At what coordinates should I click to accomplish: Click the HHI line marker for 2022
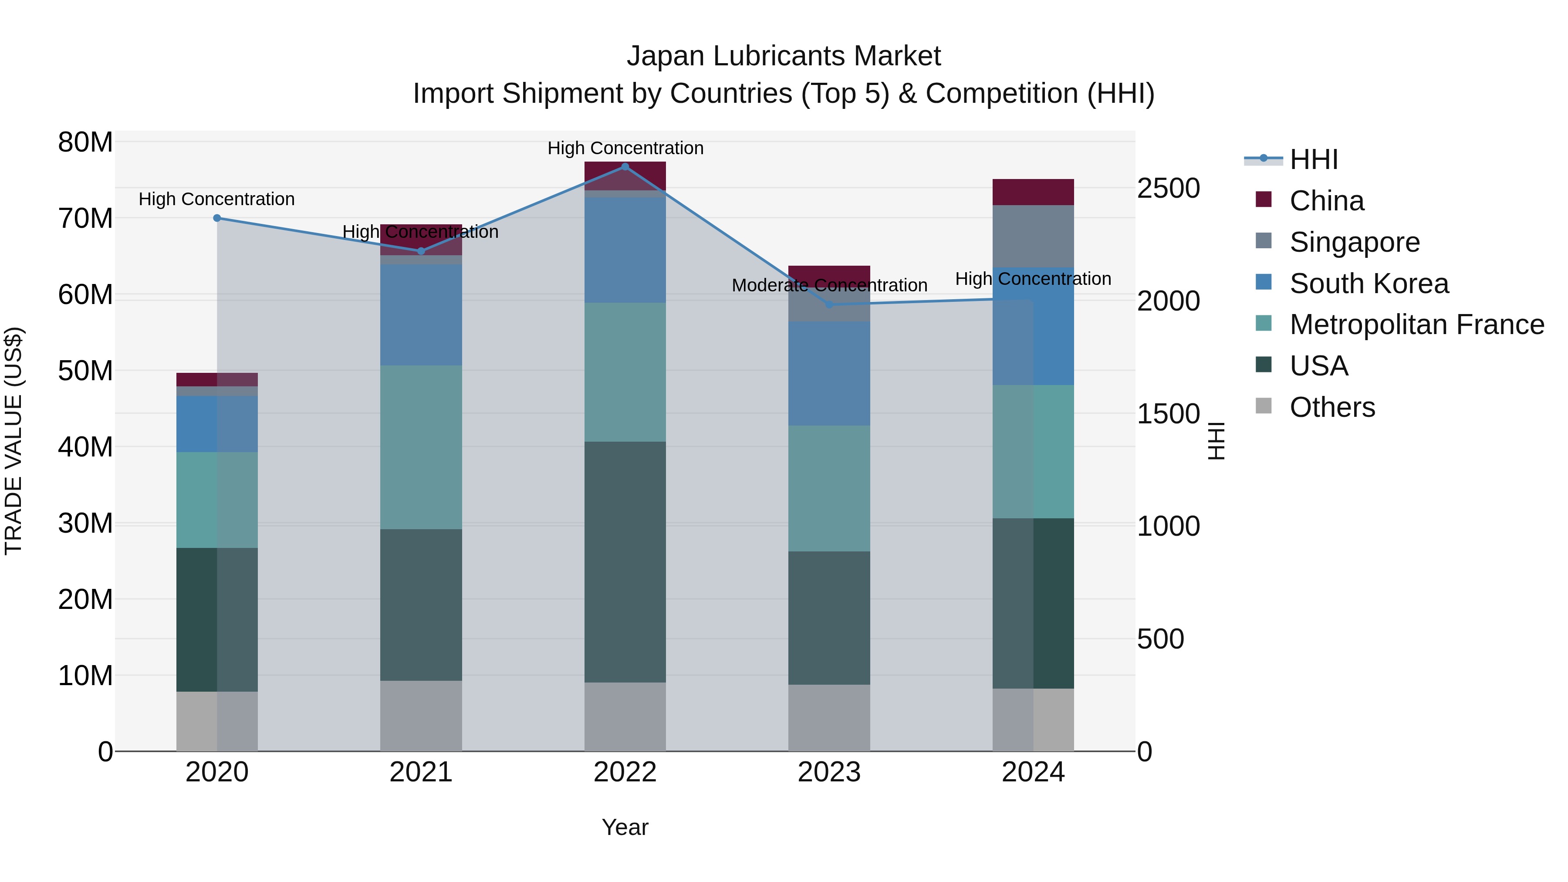pos(625,166)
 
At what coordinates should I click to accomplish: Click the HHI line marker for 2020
pos(217,218)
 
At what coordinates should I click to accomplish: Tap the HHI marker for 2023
pos(829,304)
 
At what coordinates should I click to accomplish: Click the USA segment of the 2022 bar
pos(625,561)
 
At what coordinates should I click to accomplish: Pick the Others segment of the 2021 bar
pos(421,715)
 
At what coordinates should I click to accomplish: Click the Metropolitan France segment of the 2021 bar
pos(421,447)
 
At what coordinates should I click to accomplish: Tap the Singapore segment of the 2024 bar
pos(1033,236)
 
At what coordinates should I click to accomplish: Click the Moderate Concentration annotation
pos(829,285)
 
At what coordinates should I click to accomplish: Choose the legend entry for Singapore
pos(1354,242)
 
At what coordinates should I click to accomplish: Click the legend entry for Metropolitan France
pos(1416,324)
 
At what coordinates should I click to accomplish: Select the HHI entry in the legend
pos(1313,159)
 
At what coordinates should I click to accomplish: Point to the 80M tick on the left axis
pos(85,142)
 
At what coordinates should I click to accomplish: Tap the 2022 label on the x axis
pos(625,772)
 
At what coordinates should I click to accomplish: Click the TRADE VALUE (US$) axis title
pos(14,441)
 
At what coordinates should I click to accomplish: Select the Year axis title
pos(625,827)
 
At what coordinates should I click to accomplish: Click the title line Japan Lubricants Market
pos(784,56)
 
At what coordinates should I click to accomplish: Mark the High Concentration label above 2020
pos(217,199)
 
